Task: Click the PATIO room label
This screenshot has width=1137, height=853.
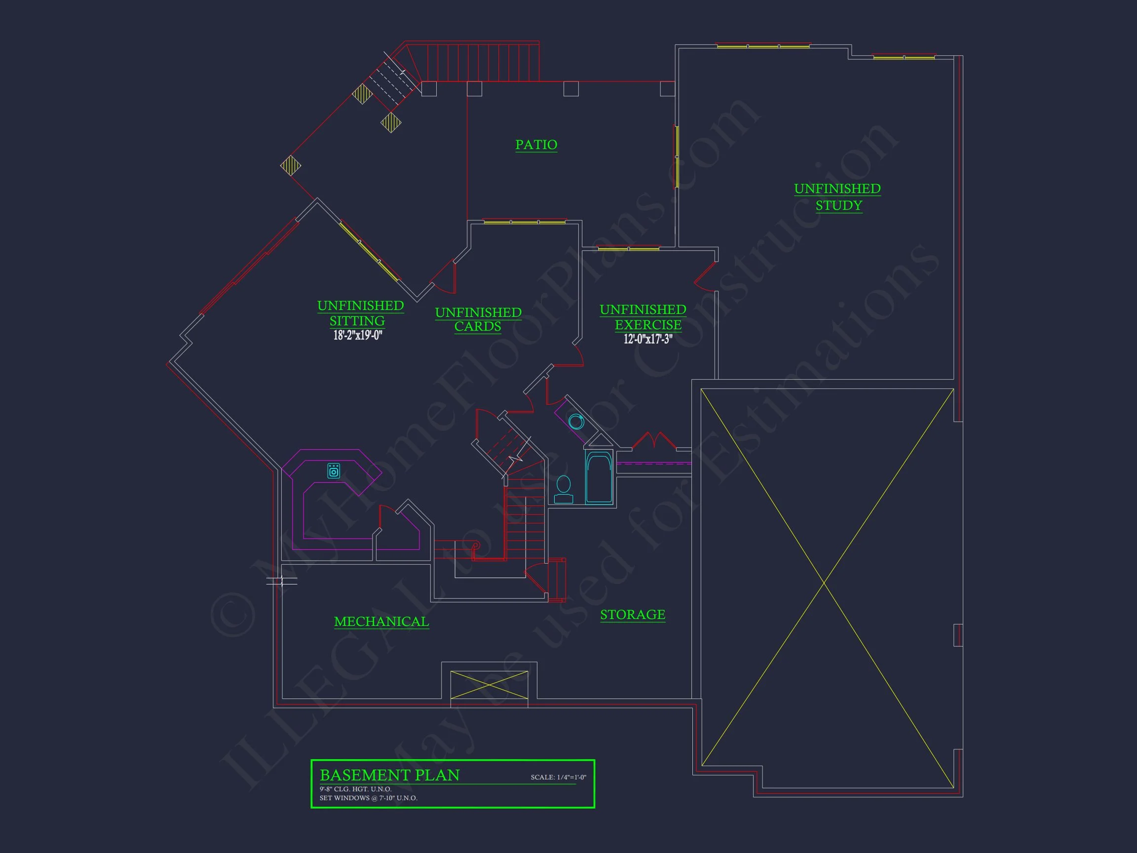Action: pyautogui.click(x=536, y=145)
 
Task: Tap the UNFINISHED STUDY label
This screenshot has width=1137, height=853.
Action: pyautogui.click(x=837, y=197)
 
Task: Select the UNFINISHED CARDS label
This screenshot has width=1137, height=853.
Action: pyautogui.click(x=478, y=319)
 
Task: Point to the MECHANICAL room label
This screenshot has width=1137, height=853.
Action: pyautogui.click(x=381, y=621)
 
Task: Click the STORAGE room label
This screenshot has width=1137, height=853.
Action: pyautogui.click(x=633, y=615)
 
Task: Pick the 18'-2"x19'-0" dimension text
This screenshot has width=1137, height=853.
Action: pyautogui.click(x=358, y=336)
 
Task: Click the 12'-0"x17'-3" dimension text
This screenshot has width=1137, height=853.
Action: pyautogui.click(x=647, y=339)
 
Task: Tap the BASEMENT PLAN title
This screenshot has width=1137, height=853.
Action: pyautogui.click(x=390, y=775)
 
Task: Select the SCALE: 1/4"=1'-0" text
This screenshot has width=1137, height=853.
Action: pyautogui.click(x=558, y=777)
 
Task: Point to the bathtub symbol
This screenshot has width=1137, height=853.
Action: pyautogui.click(x=599, y=477)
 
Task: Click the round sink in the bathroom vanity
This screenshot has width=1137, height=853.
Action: pyautogui.click(x=576, y=422)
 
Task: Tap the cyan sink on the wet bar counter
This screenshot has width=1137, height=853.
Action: pyautogui.click(x=334, y=470)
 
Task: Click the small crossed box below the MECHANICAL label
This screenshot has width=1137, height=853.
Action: pyautogui.click(x=489, y=685)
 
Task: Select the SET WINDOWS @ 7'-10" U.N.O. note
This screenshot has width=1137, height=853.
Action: pyautogui.click(x=368, y=798)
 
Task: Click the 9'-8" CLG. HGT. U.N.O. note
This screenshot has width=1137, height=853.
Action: pyautogui.click(x=355, y=789)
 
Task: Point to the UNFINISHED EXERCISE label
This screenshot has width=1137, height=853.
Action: pyautogui.click(x=643, y=317)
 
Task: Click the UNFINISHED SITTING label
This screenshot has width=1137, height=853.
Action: pyautogui.click(x=360, y=312)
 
